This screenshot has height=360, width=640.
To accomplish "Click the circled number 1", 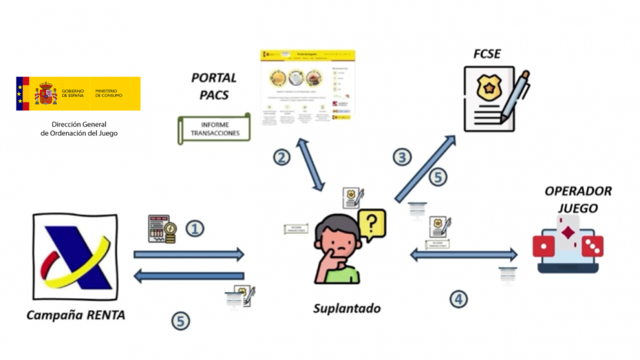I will (195, 228).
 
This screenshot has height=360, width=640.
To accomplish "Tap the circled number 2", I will (281, 157).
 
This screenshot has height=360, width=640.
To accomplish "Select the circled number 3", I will (402, 157).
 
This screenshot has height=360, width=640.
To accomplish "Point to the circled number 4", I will (458, 299).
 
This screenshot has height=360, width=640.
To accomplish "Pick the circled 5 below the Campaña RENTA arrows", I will (181, 321).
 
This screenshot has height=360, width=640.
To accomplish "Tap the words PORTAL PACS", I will (214, 87).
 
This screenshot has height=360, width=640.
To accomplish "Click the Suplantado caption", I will (347, 308).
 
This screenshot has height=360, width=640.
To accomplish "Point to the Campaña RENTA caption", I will (76, 315).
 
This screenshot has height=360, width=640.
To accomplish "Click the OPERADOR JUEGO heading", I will (570, 199).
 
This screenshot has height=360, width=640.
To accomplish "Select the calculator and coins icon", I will (162, 229).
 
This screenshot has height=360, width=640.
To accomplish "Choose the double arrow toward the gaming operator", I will (464, 255).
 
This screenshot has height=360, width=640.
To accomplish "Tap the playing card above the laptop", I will (569, 232).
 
